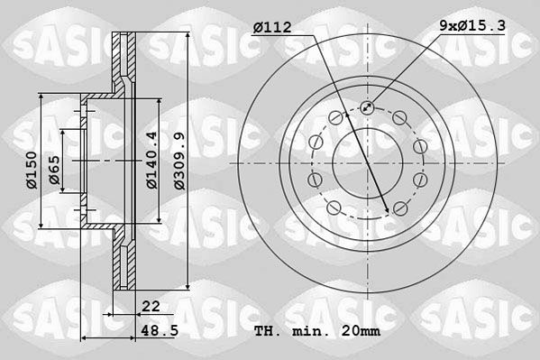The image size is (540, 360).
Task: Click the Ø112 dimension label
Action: [x=272, y=28]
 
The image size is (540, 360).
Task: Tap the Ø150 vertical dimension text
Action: [x=32, y=170]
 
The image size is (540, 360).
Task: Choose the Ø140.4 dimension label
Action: [x=152, y=160]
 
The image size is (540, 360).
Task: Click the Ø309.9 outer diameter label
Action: [x=180, y=161]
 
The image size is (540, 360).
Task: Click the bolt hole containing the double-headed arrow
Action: [x=367, y=108]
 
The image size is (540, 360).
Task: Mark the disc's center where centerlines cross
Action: [x=369, y=163]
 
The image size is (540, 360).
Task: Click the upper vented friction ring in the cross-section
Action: [x=124, y=59]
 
